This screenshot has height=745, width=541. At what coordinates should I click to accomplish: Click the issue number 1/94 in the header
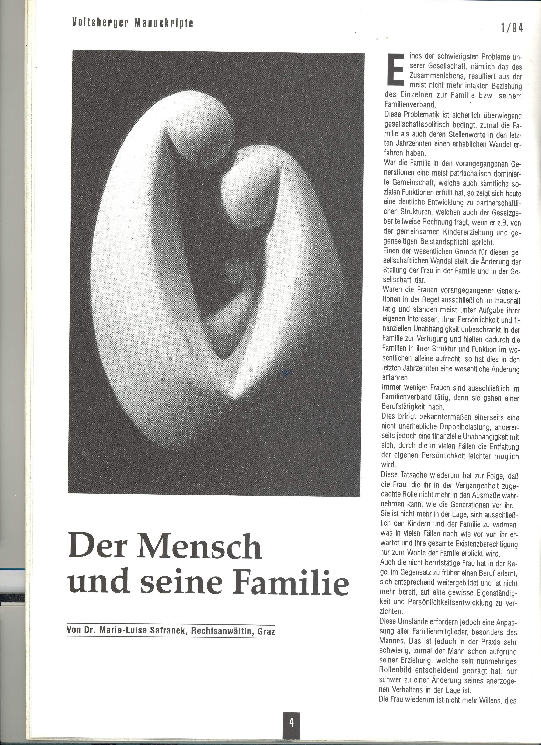coord(512,28)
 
